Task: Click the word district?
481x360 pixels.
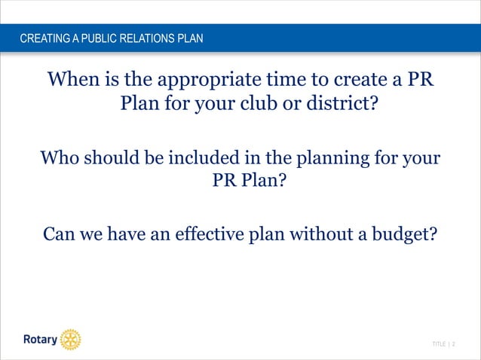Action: [x=340, y=102]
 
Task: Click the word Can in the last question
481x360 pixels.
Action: [x=59, y=233]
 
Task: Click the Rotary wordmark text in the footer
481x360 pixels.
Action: [x=39, y=340]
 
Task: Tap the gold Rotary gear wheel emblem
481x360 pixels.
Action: [x=70, y=340]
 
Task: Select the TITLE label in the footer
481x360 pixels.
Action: [x=439, y=344]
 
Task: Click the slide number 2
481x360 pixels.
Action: [x=454, y=344]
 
